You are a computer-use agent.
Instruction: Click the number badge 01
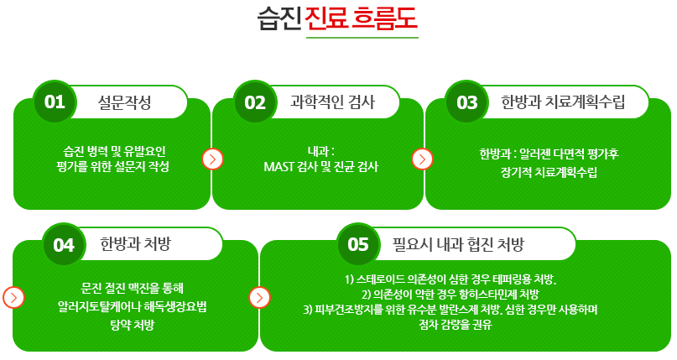pyautogui.click(x=55, y=102)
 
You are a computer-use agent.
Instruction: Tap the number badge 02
pyautogui.click(x=255, y=102)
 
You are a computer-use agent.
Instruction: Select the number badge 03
pyautogui.click(x=466, y=102)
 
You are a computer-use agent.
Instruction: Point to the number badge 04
pyautogui.click(x=64, y=245)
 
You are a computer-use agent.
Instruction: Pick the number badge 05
pyautogui.click(x=358, y=245)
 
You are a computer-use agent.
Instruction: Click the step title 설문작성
pyautogui.click(x=124, y=102)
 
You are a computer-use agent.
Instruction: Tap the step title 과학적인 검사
pyautogui.click(x=332, y=102)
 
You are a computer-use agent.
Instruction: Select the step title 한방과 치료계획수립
pyautogui.click(x=563, y=102)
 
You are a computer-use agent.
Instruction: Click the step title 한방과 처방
pyautogui.click(x=136, y=244)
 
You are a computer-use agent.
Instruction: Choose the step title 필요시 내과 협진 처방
pyautogui.click(x=458, y=244)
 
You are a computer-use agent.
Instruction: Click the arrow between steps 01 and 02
pyautogui.click(x=212, y=159)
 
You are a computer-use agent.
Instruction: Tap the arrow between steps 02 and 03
pyautogui.click(x=422, y=159)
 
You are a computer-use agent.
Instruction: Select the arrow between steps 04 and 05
pyautogui.click(x=259, y=297)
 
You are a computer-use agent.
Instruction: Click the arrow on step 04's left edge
pyautogui.click(x=13, y=297)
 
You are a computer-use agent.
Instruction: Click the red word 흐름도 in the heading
pyautogui.click(x=384, y=18)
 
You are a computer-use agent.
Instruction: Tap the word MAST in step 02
pyautogui.click(x=279, y=167)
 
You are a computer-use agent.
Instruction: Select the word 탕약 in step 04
pyautogui.click(x=120, y=325)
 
